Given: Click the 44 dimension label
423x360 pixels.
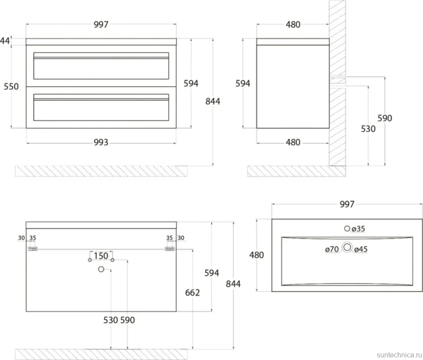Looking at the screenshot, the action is pyautogui.click(x=5, y=41).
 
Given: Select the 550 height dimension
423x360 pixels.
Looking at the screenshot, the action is pyautogui.click(x=11, y=87).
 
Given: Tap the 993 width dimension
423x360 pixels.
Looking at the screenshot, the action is pyautogui.click(x=101, y=142).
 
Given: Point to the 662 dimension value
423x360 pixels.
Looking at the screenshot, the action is pyautogui.click(x=192, y=292).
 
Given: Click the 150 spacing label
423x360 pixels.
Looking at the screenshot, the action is pyautogui.click(x=101, y=256).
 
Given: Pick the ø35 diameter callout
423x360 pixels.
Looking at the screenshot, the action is pyautogui.click(x=358, y=229).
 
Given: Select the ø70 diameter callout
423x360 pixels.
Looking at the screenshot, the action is pyautogui.click(x=332, y=249).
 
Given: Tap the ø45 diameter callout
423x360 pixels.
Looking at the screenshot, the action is pyautogui.click(x=361, y=249).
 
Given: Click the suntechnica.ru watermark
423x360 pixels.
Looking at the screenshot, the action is pyautogui.click(x=399, y=354).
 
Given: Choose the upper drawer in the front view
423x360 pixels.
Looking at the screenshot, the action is pyautogui.click(x=101, y=66).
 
